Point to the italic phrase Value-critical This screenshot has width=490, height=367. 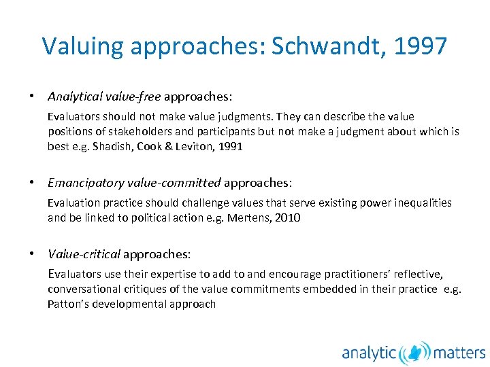84,254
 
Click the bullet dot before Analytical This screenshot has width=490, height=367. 32,97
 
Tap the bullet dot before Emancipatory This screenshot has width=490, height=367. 32,183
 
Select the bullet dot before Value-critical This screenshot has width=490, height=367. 32,254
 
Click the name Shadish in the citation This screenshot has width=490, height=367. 113,146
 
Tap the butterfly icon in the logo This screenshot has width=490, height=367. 414,352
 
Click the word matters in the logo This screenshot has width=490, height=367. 460,353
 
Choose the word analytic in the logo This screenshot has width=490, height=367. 369,353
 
